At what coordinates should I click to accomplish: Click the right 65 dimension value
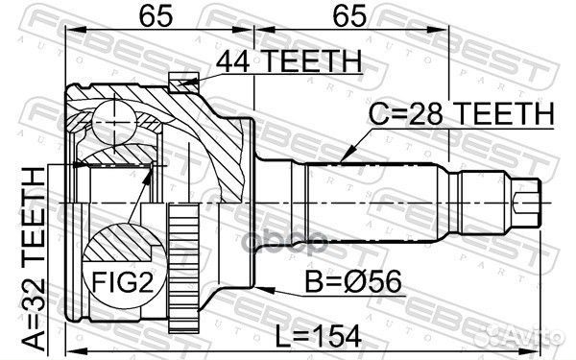347,16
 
